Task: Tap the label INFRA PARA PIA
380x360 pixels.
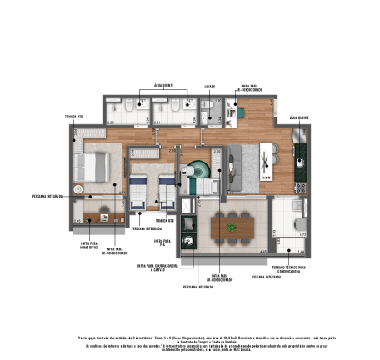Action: point(163,241)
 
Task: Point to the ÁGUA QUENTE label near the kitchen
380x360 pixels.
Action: point(299,118)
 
